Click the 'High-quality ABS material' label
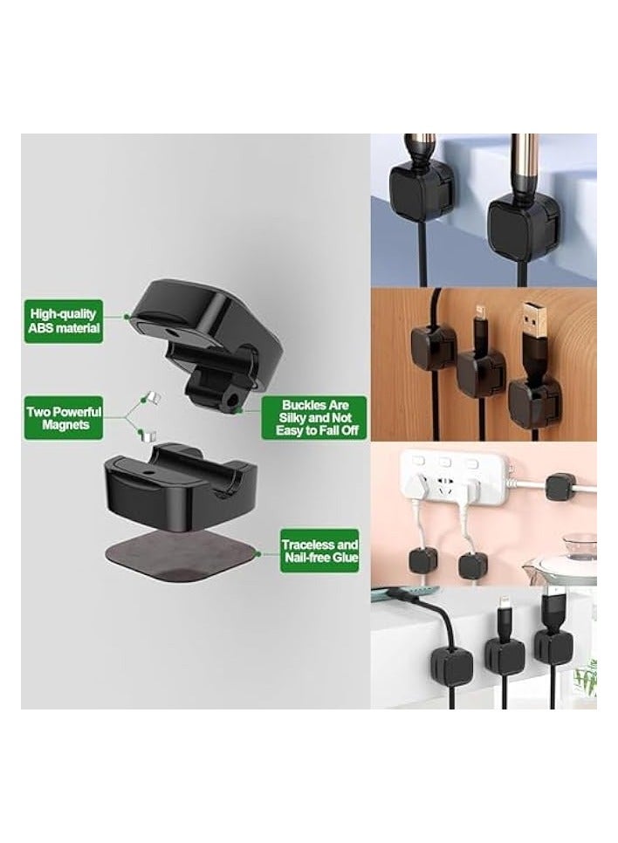click(65, 320)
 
